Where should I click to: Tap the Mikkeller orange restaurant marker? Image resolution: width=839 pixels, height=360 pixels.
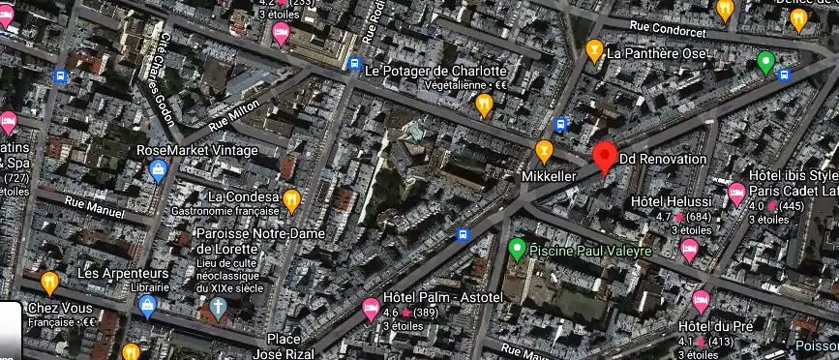click(x=544, y=151)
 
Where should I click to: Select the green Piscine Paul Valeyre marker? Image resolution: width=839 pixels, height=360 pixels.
click(x=517, y=249)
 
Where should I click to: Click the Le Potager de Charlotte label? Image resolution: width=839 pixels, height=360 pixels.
click(x=435, y=71)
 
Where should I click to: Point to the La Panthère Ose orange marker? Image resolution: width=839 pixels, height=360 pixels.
click(x=594, y=49)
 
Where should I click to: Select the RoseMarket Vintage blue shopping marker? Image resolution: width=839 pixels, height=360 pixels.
click(x=158, y=171)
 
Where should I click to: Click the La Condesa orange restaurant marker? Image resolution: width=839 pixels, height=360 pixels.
click(x=290, y=200)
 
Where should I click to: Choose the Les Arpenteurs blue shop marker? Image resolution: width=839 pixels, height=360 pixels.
click(x=148, y=307)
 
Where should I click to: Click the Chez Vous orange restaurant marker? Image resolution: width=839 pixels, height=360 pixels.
click(x=49, y=282)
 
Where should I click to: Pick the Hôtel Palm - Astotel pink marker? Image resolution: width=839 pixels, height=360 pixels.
click(x=370, y=310)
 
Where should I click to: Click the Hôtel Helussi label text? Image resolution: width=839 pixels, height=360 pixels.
click(x=671, y=201)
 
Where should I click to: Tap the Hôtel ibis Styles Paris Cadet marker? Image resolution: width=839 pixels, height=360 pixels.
click(x=736, y=192)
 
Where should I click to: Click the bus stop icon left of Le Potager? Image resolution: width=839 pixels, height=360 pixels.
click(x=354, y=64)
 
